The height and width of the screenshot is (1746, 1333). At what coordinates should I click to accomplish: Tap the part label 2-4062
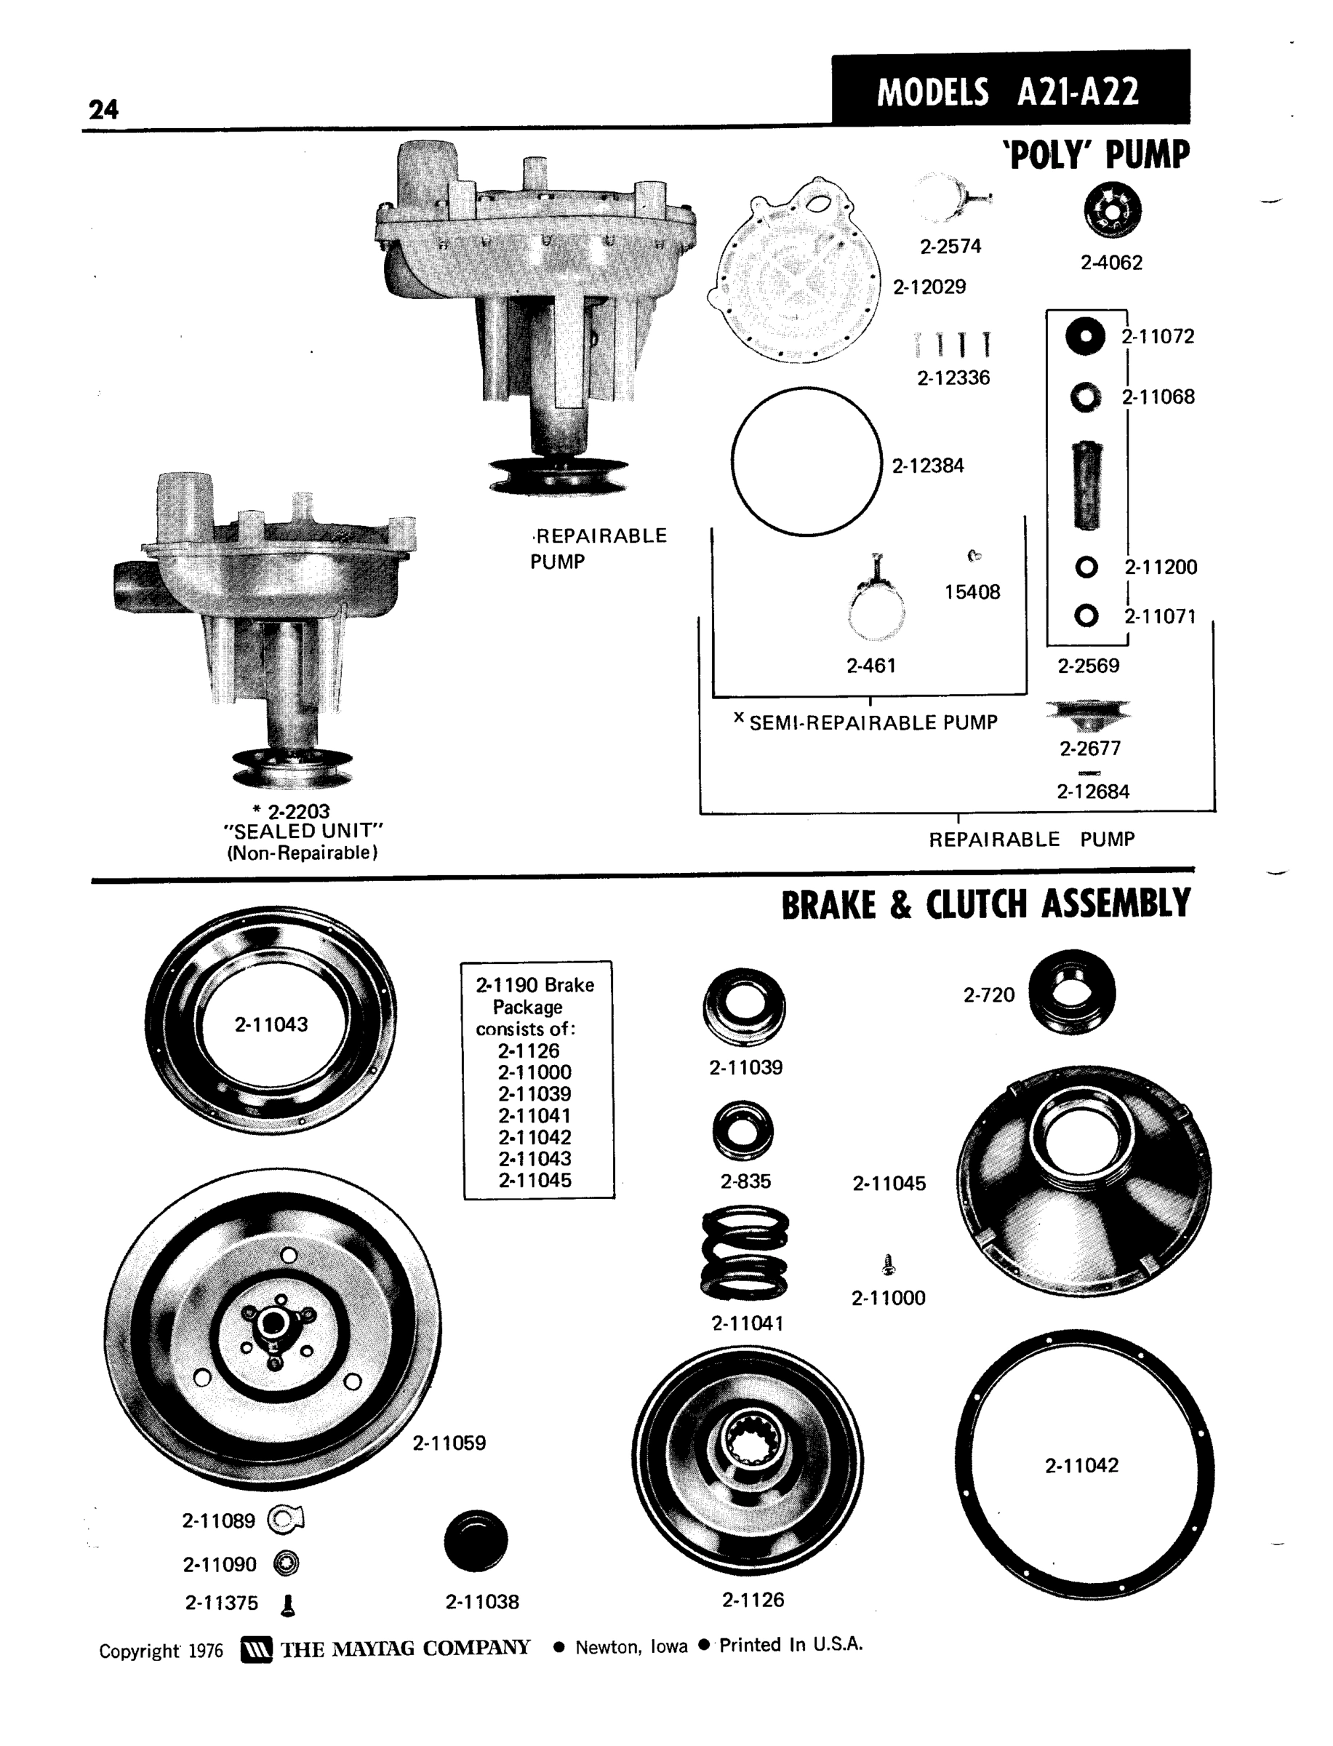(x=1111, y=263)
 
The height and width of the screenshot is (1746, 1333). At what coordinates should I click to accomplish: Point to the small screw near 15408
(x=974, y=556)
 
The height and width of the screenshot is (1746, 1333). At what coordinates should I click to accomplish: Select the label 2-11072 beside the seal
(x=1158, y=337)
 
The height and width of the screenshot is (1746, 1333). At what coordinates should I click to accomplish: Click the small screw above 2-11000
(x=889, y=1264)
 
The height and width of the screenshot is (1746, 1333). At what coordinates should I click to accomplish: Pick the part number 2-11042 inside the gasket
(x=1081, y=1465)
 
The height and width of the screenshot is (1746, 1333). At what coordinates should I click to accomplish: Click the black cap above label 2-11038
(x=476, y=1540)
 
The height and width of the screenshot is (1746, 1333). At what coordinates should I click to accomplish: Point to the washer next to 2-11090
(x=286, y=1563)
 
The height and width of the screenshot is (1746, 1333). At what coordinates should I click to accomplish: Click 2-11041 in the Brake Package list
(x=534, y=1115)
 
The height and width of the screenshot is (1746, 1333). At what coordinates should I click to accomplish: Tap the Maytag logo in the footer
(x=255, y=1649)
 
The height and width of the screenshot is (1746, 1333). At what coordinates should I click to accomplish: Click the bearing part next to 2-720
(x=1072, y=992)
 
